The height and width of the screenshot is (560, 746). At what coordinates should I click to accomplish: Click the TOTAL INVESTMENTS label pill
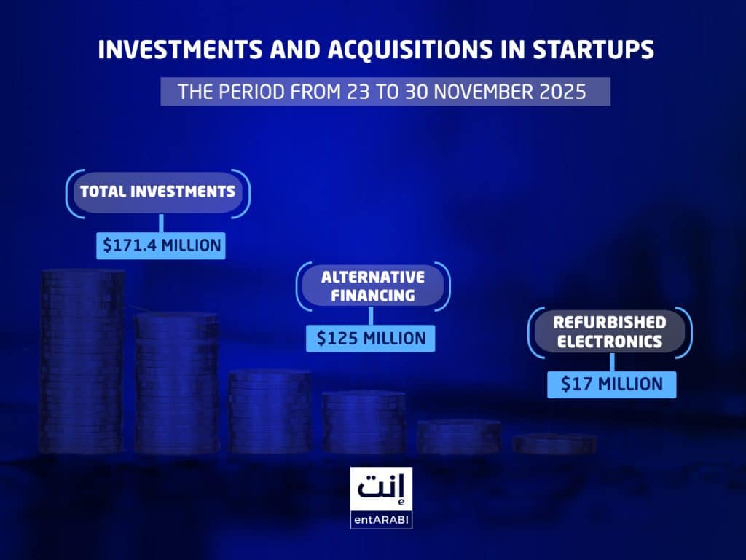[157, 192]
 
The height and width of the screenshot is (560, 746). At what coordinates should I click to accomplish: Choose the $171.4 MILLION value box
[161, 245]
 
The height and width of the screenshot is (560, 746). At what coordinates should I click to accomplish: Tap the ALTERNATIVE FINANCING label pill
[372, 286]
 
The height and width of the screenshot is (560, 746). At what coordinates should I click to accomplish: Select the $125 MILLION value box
[371, 338]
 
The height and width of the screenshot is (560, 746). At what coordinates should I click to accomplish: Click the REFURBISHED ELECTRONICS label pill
[609, 331]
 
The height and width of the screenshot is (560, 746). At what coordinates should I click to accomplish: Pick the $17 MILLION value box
[611, 384]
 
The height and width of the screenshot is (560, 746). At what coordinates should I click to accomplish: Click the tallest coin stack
[82, 360]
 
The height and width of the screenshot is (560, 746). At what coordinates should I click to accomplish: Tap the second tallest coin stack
[176, 382]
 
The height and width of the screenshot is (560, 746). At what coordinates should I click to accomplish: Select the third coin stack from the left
[270, 411]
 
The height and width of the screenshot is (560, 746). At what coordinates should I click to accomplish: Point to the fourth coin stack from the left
[364, 422]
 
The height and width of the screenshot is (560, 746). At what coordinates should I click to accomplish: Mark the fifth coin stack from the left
[458, 436]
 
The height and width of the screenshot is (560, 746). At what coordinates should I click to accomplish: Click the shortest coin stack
[554, 443]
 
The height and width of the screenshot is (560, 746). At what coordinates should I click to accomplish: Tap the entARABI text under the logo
[381, 521]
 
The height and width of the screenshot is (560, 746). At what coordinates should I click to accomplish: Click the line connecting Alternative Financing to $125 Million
[371, 315]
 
